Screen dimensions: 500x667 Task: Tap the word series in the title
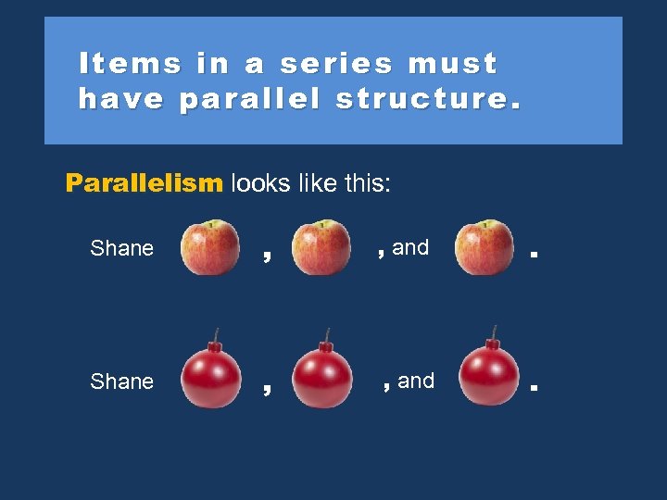click(336, 64)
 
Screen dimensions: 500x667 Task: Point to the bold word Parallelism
click(145, 183)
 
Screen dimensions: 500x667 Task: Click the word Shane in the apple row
click(121, 248)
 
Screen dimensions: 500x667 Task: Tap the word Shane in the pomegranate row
click(121, 381)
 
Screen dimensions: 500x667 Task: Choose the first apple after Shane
click(209, 247)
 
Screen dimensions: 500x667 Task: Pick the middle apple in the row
click(321, 247)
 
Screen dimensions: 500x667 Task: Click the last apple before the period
click(485, 247)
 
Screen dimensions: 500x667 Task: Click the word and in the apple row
click(410, 247)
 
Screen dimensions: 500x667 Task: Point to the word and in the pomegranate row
click(416, 381)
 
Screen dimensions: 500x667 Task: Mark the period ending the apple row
click(534, 253)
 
